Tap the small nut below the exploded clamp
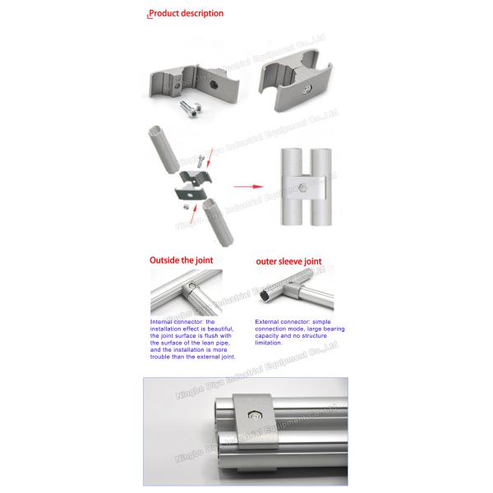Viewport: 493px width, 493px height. [186, 208]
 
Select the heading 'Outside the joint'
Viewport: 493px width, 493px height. [181, 260]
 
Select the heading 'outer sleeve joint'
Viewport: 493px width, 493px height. [289, 261]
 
